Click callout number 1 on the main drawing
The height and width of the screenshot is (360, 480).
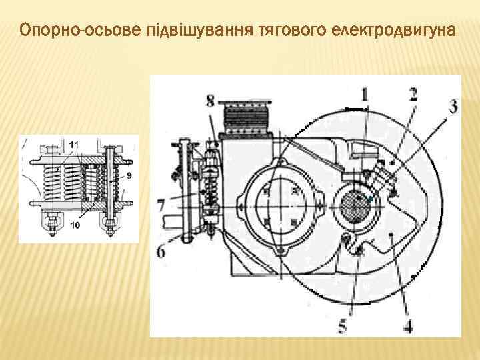364,95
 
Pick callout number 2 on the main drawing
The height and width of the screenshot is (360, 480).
413,95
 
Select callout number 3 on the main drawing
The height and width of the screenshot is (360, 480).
453,107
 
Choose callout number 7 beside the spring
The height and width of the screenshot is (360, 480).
161,205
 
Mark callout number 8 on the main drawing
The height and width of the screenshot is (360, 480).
210,101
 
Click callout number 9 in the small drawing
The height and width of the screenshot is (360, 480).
129,175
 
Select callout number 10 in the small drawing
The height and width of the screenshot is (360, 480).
75,225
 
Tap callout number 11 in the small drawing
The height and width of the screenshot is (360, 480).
74,145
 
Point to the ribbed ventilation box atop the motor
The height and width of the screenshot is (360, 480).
245,118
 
